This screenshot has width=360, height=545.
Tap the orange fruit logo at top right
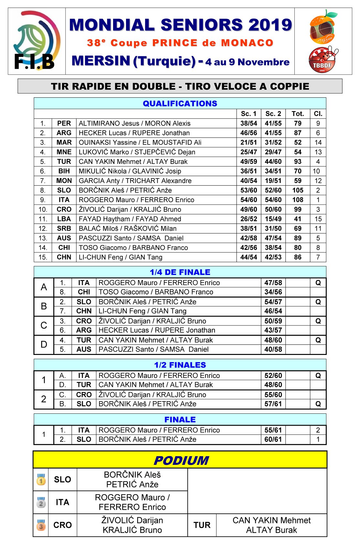pyautogui.click(x=322, y=27)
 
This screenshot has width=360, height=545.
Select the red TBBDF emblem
pyautogui.click(x=322, y=60)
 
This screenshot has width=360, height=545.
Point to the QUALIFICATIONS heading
pyautogui.click(x=180, y=103)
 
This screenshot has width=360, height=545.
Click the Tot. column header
pyautogui.click(x=298, y=114)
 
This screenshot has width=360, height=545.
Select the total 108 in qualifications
pyautogui.click(x=298, y=200)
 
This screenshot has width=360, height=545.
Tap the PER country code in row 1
pyautogui.click(x=64, y=123)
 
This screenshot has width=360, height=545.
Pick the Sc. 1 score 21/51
pyautogui.click(x=249, y=142)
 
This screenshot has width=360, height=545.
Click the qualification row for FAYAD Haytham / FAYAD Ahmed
pyautogui.click(x=130, y=219)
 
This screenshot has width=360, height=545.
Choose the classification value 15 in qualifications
pyautogui.click(x=318, y=219)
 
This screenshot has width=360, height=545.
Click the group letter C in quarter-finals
pyautogui.click(x=44, y=325)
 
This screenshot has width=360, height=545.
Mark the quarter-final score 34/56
pyautogui.click(x=273, y=292)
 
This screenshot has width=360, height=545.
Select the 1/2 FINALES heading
pyautogui.click(x=180, y=365)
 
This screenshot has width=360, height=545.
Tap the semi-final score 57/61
pyautogui.click(x=273, y=404)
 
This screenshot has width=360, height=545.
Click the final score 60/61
pyautogui.click(x=273, y=439)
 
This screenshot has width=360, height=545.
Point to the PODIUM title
pyautogui.click(x=181, y=460)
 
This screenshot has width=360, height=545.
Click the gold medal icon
pyautogui.click(x=41, y=479)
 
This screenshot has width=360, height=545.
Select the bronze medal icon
pyautogui.click(x=41, y=525)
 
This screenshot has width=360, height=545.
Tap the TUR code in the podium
pyautogui.click(x=202, y=525)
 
